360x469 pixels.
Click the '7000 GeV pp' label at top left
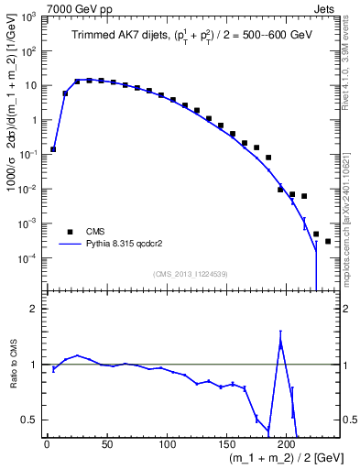75,8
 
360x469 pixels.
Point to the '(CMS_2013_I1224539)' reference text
191,273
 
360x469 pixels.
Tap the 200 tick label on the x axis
287,445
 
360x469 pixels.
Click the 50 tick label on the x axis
107,445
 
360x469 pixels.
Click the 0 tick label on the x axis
47,445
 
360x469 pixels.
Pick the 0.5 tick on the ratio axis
31,420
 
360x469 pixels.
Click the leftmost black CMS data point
53,149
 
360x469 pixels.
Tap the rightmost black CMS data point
328,242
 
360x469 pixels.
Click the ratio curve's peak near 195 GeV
280,342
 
